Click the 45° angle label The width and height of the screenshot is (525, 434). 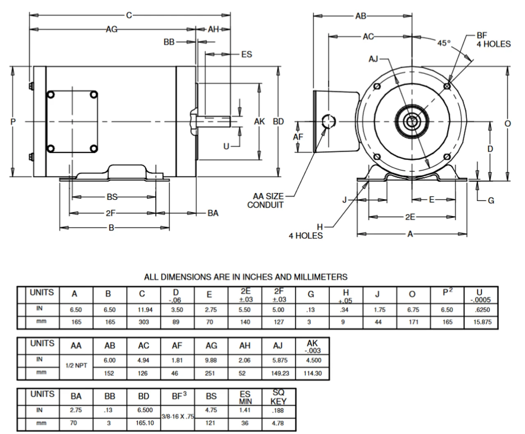pyautogui.click(x=443, y=43)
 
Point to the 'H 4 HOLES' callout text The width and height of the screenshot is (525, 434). pyautogui.click(x=306, y=232)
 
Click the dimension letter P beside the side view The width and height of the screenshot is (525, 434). pyautogui.click(x=13, y=122)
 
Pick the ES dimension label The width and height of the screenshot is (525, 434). pyautogui.click(x=247, y=55)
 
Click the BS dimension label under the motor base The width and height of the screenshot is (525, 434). pyautogui.click(x=112, y=197)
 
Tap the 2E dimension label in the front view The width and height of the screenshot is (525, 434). pyautogui.click(x=410, y=217)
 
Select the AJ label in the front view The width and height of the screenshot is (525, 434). pyautogui.click(x=373, y=59)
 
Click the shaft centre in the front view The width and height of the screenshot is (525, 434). pyautogui.click(x=411, y=122)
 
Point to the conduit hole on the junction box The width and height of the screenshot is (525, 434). pyautogui.click(x=328, y=122)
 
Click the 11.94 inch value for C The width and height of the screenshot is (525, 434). pyautogui.click(x=144, y=310)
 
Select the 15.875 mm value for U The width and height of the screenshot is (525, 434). pyautogui.click(x=482, y=322)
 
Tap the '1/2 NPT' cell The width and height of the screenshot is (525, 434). pyautogui.click(x=76, y=365)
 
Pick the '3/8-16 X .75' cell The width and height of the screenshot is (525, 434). pyautogui.click(x=178, y=416)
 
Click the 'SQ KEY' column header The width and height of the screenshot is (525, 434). pyautogui.click(x=278, y=397)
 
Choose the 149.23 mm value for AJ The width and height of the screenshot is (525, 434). pyautogui.click(x=280, y=373)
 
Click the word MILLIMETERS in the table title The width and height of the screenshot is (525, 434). pyautogui.click(x=321, y=277)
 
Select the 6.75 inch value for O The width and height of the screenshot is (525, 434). pyautogui.click(x=413, y=310)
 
